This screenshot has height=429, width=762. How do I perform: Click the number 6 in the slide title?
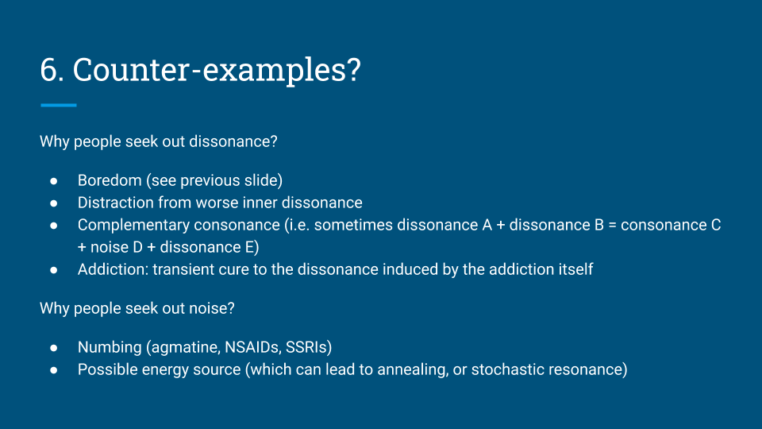48,70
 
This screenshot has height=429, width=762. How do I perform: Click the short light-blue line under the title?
58,105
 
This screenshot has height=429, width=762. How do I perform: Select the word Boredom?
110,180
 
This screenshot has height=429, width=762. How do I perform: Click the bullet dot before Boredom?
53,181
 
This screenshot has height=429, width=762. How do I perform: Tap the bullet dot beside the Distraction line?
53,203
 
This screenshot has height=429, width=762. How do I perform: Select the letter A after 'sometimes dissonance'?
487,225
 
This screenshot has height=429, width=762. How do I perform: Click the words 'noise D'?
117,248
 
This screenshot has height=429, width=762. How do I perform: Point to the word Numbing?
110,347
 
